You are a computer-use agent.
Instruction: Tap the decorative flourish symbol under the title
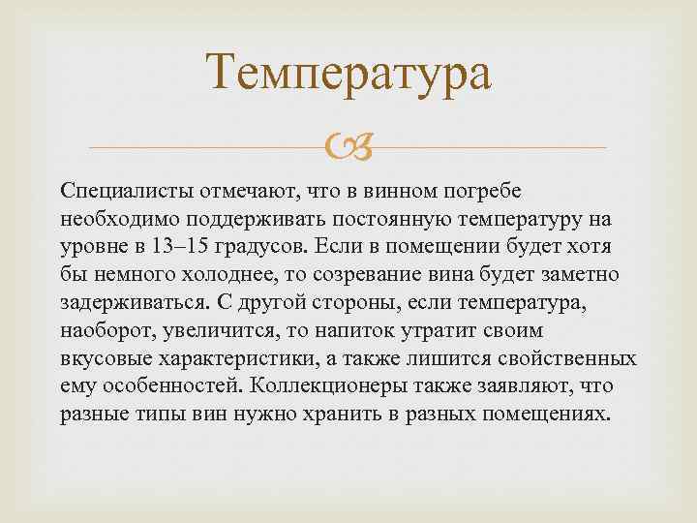[348, 147]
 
